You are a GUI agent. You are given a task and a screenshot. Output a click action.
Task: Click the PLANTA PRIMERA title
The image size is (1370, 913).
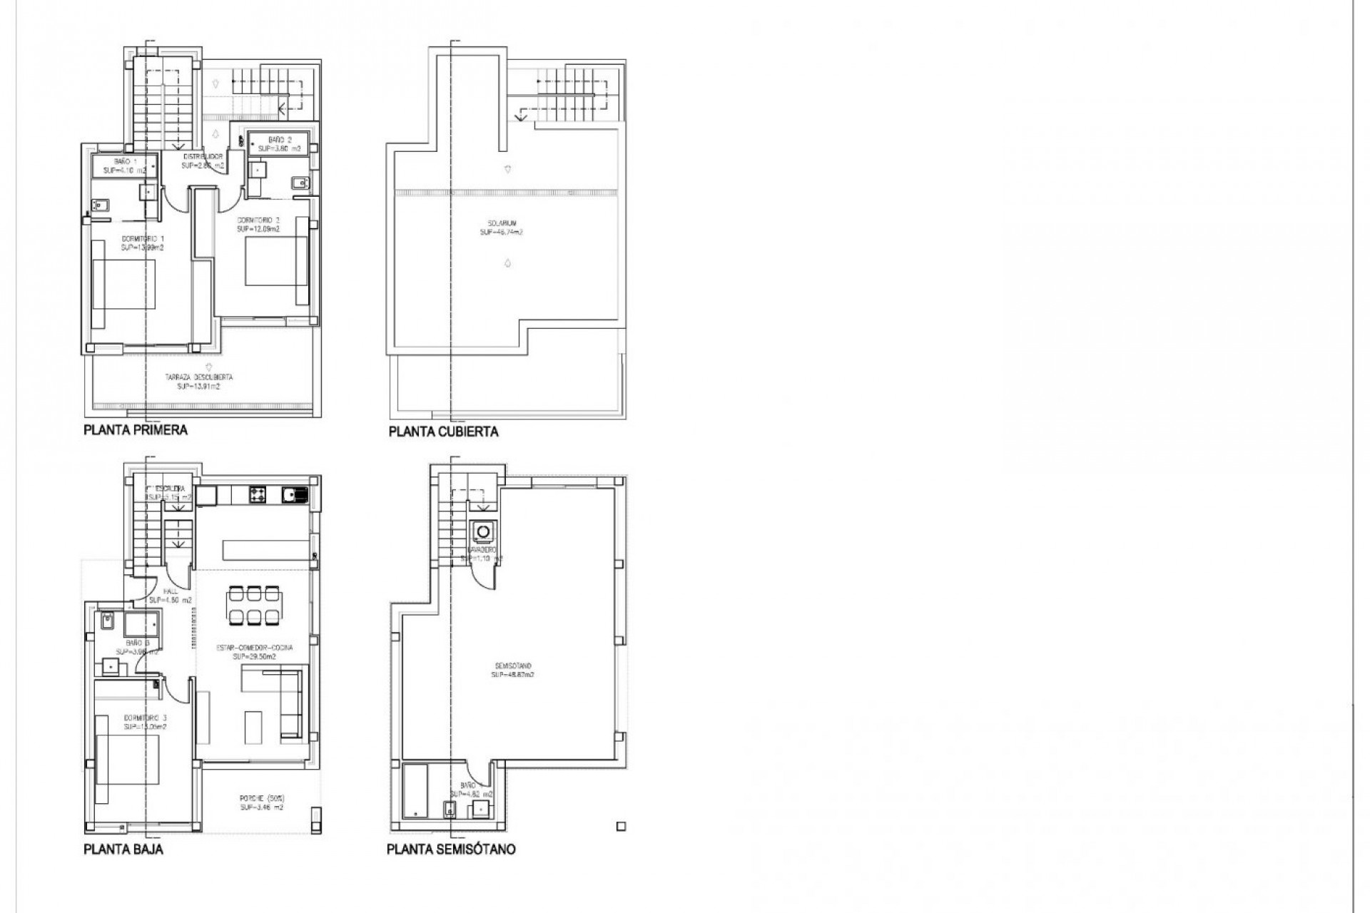pyautogui.click(x=136, y=430)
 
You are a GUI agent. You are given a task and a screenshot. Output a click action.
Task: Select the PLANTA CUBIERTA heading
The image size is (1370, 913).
pyautogui.click(x=443, y=432)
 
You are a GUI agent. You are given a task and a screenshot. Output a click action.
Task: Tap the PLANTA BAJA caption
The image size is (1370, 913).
pyautogui.click(x=123, y=849)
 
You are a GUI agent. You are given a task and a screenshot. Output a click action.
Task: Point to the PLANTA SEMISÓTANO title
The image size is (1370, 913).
pyautogui.click(x=451, y=850)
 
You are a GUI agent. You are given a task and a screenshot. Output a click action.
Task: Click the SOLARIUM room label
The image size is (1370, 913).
pyautogui.click(x=501, y=228)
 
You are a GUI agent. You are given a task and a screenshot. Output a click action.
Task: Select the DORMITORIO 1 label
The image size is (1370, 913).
pyautogui.click(x=143, y=243)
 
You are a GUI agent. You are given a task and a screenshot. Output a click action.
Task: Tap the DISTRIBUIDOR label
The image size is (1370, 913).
pyautogui.click(x=203, y=160)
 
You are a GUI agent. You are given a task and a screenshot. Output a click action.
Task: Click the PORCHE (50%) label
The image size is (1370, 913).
pyautogui.click(x=261, y=802)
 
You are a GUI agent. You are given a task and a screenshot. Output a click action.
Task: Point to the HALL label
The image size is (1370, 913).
pyautogui.click(x=170, y=596)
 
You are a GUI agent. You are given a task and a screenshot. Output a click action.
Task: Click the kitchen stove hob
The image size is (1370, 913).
pyautogui.click(x=257, y=494)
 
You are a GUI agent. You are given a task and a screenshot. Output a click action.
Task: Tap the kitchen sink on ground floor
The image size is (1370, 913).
pyautogui.click(x=293, y=494)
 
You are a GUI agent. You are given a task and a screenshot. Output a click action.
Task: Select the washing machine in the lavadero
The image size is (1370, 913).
pyautogui.click(x=484, y=532)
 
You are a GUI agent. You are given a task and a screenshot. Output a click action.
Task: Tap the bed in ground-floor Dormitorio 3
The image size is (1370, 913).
pyautogui.click(x=125, y=760)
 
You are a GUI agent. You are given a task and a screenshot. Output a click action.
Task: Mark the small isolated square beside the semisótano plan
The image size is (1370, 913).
pyautogui.click(x=620, y=827)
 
